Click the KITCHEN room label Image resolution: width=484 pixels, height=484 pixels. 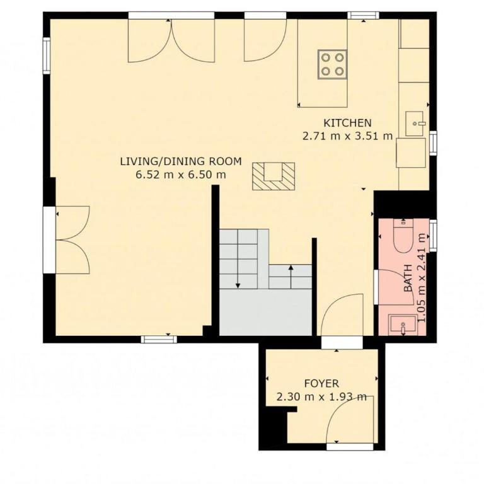pos(347,123)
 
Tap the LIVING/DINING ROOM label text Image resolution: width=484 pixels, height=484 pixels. pos(181,161)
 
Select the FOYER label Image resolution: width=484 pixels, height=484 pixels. pos(321,383)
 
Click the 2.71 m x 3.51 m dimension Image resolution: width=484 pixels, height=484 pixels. pos(347,136)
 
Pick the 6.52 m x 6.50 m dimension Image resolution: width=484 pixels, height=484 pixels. pos(181,175)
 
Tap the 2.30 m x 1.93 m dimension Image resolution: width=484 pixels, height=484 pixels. pos(321,396)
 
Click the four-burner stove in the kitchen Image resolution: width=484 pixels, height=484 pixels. pos(332,64)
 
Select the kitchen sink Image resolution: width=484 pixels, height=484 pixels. pos(414,124)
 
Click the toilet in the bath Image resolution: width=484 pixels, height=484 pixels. pos(405,235)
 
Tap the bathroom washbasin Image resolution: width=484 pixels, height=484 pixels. pos(403,325)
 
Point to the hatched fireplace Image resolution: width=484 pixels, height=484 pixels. pos(274,176)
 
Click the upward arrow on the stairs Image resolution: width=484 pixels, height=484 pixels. pos(291,276)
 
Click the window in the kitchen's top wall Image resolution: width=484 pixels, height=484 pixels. pos(363,15)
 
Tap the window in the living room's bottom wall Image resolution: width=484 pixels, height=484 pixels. pos(159,339)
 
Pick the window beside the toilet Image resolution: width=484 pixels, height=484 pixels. pos(434,235)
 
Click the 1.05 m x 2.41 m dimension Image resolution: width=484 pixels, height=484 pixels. pos(422,277)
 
